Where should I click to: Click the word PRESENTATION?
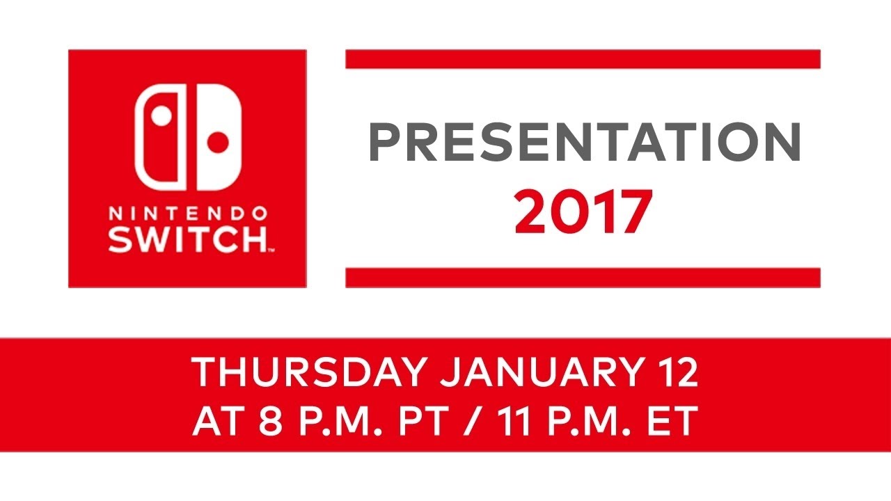pos(584,143)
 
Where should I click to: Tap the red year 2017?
pos(583,212)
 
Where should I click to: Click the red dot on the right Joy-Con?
pos(219,143)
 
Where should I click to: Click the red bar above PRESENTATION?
pos(583,59)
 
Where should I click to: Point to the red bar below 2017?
pos(583,278)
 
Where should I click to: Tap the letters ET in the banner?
pos(675,421)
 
